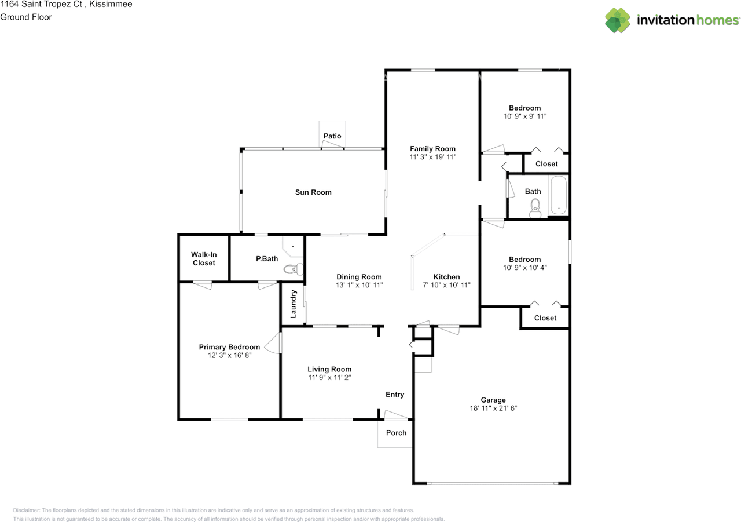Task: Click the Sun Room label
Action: coord(313,192)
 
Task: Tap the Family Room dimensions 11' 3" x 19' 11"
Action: coord(432,157)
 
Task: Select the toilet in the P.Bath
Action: coord(294,269)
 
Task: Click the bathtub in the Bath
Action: coord(559,195)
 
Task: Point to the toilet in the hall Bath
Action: coord(535,208)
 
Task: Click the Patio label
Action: coord(332,136)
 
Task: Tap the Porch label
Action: coord(396,433)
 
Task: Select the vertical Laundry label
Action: coord(293,304)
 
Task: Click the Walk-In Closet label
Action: coord(204,258)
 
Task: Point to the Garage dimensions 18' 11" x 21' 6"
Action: coord(493,408)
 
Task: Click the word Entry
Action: coord(395,394)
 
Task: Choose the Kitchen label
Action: coord(446,277)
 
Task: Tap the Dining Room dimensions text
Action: coord(359,285)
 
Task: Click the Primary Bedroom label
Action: coord(229,347)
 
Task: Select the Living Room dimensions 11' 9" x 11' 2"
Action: coord(329,377)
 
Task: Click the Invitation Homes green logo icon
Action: coord(618,20)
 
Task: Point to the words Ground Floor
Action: coord(26,17)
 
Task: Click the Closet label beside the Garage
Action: coord(545,317)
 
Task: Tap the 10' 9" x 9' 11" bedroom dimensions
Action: coord(524,116)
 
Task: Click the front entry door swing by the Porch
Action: coord(396,415)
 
